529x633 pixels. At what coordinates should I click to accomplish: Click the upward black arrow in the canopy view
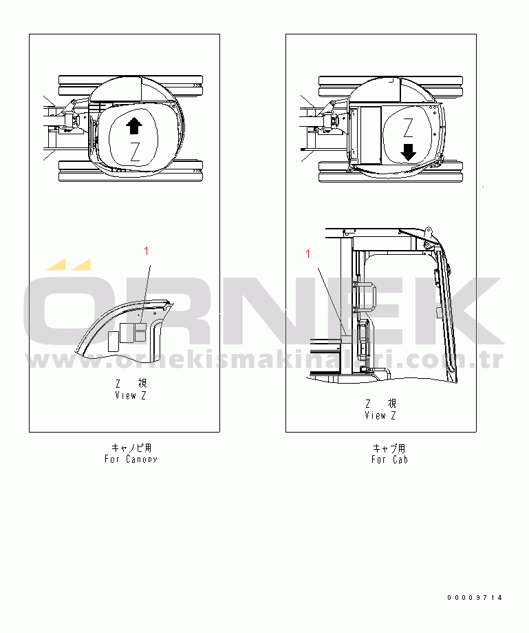(134, 125)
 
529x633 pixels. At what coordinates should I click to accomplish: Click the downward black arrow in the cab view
(409, 152)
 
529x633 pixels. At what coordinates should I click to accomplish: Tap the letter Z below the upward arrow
(135, 152)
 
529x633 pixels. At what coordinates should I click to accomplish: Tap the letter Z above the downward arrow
(409, 128)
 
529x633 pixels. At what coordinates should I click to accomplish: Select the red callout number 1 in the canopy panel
(147, 251)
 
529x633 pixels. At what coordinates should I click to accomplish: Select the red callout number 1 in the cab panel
(308, 253)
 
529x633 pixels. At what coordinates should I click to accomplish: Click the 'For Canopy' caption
(131, 459)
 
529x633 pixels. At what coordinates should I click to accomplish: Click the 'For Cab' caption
(389, 459)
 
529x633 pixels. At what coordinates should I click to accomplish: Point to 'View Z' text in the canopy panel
(131, 395)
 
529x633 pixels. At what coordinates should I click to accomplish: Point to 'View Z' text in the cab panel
(380, 415)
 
